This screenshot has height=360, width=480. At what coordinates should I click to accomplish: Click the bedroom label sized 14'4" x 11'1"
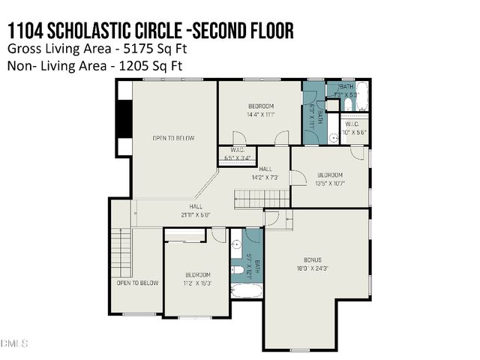tap(260, 106)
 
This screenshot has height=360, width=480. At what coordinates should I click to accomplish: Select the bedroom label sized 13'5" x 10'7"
tap(329, 175)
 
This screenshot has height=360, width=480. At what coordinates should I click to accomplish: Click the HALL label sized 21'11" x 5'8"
tap(196, 206)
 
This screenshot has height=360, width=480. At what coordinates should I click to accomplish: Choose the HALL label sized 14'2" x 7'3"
tap(265, 169)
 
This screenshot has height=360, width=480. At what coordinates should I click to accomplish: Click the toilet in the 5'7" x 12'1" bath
tap(237, 268)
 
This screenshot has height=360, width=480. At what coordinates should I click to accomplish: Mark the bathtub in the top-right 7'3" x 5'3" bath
tap(361, 97)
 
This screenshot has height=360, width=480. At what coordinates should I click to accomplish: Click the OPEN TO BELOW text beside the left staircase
tap(137, 283)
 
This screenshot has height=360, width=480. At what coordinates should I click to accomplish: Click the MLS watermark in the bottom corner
tap(13, 343)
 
